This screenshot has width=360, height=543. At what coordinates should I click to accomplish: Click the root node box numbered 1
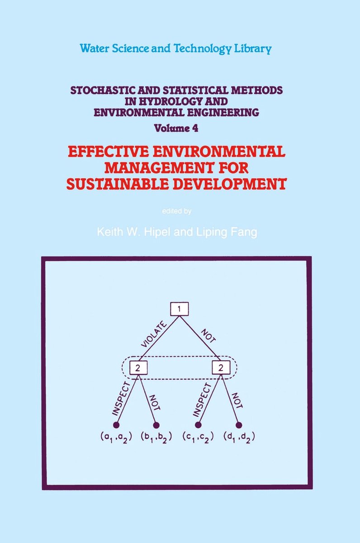(x=179, y=309)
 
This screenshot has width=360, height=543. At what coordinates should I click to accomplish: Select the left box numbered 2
(x=138, y=368)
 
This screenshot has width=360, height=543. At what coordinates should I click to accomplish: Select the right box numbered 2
(x=221, y=368)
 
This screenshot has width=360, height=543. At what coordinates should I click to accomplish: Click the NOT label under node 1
(x=208, y=336)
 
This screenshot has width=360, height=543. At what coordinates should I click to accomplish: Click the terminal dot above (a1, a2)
(x=116, y=425)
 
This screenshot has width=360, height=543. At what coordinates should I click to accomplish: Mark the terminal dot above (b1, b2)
(x=156, y=425)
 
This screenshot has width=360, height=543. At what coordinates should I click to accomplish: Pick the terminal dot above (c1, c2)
(x=198, y=425)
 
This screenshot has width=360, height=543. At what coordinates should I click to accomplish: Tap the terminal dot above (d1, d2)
(x=239, y=425)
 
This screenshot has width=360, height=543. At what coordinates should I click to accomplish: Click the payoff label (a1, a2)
(x=116, y=438)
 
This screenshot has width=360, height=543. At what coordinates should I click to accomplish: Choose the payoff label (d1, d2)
(x=239, y=438)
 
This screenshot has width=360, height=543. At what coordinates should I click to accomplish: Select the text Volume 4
(x=176, y=128)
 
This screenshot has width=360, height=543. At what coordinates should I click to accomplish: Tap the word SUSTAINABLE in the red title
(x=118, y=184)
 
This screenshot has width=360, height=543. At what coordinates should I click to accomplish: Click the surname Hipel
(x=157, y=232)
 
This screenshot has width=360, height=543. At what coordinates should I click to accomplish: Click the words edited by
(x=177, y=211)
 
